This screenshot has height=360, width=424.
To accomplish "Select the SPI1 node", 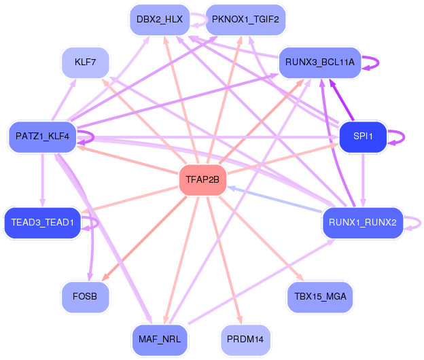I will pos(363,137).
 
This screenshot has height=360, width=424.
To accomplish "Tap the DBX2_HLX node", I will pos(159,19).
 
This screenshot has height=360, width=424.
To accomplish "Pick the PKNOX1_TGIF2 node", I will pos(245,19).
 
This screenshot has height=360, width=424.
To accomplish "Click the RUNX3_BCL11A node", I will pos(320,62).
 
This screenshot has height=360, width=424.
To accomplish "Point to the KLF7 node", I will pos(85,62).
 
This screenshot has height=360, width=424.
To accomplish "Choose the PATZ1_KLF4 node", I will pos(41,137).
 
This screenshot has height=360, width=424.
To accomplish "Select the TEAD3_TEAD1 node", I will pos(42,223).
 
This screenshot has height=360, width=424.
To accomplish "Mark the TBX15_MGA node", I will pos(320,297).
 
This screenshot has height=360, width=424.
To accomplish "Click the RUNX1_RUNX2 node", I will pos(362,223).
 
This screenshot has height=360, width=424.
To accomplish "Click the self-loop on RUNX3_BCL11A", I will pos(377,62).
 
